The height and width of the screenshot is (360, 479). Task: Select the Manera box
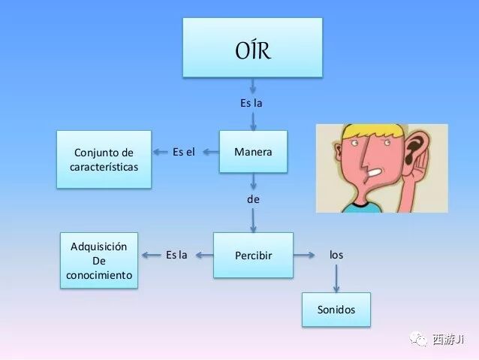253,152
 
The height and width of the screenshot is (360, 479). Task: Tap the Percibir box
253,255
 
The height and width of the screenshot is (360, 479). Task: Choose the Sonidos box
336,309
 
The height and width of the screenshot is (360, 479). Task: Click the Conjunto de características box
104,159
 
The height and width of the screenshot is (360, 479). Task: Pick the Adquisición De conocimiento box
99,260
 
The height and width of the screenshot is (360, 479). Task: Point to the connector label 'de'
253,199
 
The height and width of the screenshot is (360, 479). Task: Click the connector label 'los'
336,255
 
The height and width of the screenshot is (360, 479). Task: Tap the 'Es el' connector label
183,152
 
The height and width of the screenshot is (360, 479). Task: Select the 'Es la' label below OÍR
252,102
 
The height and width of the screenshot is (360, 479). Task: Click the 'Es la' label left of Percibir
176,255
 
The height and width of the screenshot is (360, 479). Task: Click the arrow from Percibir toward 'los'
305,255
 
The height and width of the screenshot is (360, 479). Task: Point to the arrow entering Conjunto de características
161,152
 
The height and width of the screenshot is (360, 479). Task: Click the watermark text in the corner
453,340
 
